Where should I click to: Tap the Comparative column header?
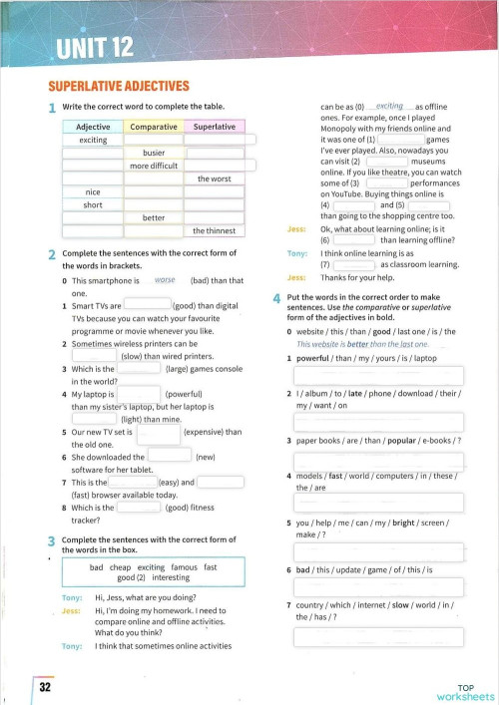click(x=153, y=128)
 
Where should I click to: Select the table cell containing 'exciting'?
click(x=93, y=141)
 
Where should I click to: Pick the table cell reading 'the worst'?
click(x=216, y=178)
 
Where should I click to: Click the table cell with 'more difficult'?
click(x=153, y=166)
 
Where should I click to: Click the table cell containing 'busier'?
click(x=153, y=153)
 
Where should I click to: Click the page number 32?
click(x=45, y=687)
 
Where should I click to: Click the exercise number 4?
click(x=276, y=299)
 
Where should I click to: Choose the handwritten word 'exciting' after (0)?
click(x=389, y=106)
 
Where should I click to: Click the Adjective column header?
click(x=93, y=128)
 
